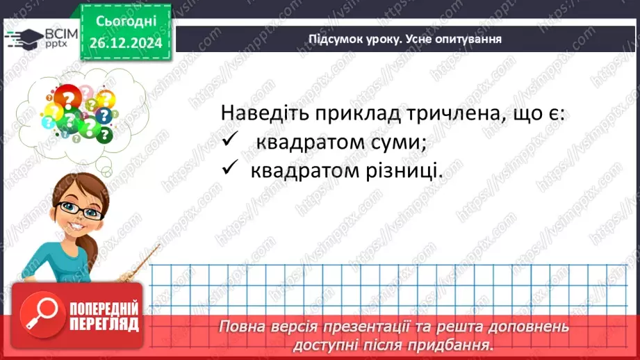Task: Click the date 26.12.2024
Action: (126, 42)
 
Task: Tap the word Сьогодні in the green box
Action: (126, 22)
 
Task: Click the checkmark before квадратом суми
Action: (230, 140)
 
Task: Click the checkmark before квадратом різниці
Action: (230, 170)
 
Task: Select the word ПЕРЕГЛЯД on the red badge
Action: (104, 324)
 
